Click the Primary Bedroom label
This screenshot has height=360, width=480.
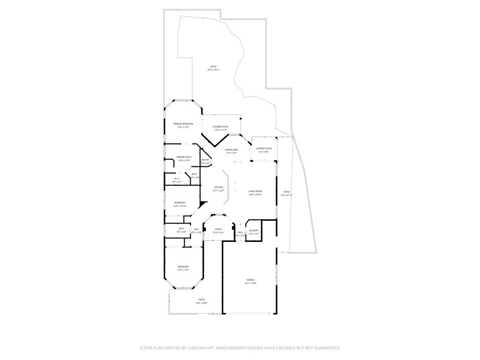coord(183,124)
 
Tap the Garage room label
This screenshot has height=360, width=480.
coord(251,280)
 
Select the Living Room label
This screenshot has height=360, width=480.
coord(255,191)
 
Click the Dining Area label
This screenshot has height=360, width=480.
coord(232,150)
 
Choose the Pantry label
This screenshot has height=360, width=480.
coord(205,160)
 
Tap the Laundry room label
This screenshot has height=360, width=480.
coord(254,230)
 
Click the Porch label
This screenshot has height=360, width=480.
coord(218,229)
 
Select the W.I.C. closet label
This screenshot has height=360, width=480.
coord(177,178)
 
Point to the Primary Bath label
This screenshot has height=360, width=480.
coord(184,157)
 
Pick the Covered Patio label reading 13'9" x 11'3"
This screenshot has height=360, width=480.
coord(220,127)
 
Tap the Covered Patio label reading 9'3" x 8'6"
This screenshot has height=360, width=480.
coord(263,149)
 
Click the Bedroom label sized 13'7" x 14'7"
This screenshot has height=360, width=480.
coord(183,266)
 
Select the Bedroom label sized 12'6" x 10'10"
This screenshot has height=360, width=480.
coord(180,202)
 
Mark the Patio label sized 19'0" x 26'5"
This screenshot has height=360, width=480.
coord(202,300)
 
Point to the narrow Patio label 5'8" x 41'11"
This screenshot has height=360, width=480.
coord(286,192)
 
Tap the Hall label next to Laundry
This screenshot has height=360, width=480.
coord(240,232)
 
